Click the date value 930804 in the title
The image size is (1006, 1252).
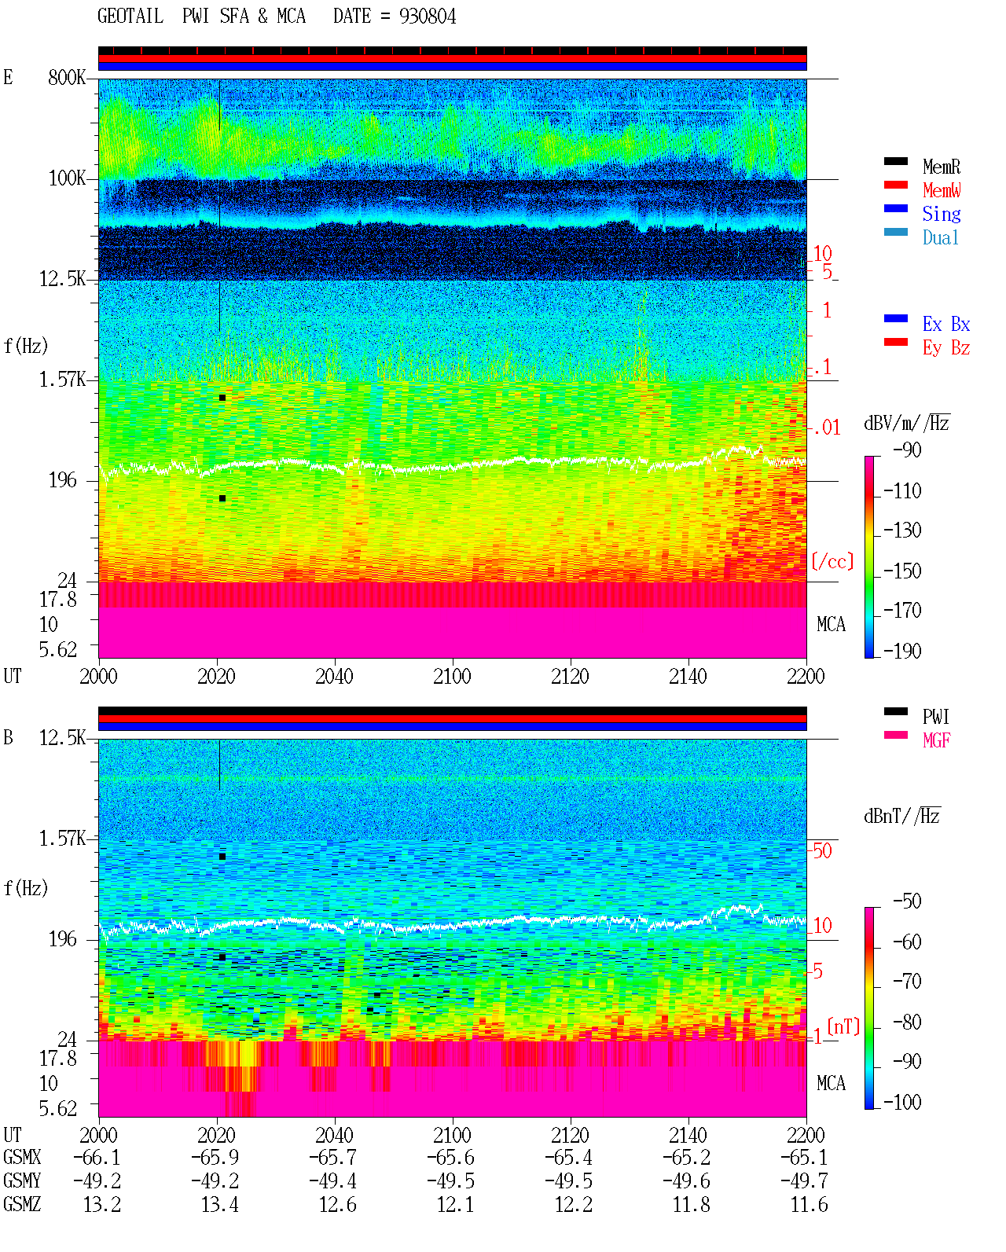427,17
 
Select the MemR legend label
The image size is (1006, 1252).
942,167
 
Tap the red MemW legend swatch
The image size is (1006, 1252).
895,185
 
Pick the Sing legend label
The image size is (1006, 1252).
941,214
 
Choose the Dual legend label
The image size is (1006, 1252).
940,237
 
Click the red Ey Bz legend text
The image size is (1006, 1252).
945,348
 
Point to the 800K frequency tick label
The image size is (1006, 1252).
67,77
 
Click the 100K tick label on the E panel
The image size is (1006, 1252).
67,178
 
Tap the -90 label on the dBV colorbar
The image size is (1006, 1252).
907,450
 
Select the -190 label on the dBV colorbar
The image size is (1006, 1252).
902,651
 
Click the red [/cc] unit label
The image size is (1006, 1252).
832,561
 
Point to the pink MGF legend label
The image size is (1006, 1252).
936,740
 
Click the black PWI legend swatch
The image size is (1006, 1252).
895,711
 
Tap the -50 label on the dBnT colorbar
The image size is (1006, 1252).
907,901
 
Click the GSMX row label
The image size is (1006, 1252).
22,1157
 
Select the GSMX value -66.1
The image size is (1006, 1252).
97,1157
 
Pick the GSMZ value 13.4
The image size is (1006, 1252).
219,1204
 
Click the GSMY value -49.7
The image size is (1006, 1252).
804,1181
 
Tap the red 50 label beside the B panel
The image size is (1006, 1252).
822,851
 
